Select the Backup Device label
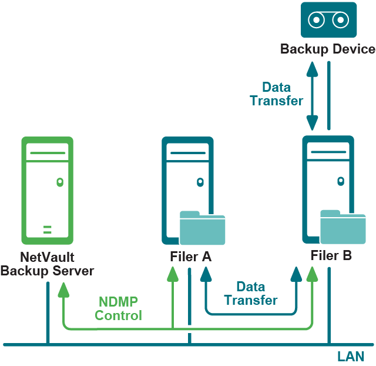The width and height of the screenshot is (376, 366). (328, 49)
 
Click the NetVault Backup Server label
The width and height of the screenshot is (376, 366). (47, 264)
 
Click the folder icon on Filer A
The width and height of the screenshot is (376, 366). (203, 228)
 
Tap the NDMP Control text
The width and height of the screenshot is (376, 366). (118, 309)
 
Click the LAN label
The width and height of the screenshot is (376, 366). (351, 357)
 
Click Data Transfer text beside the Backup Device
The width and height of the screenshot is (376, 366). (277, 94)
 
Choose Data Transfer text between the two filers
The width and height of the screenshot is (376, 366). (251, 293)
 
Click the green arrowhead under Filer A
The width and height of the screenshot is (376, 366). (172, 273)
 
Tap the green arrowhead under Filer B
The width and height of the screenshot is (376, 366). (313, 273)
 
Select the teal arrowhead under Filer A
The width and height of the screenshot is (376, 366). (205, 273)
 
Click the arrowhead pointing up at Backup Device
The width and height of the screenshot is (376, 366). (312, 66)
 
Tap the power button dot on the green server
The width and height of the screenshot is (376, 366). (59, 182)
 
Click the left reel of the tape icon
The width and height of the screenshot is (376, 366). (317, 20)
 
